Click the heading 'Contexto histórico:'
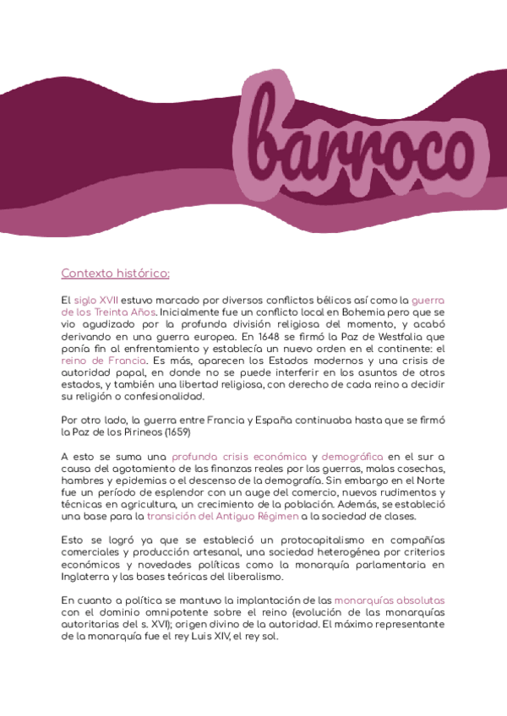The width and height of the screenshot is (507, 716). coord(115,274)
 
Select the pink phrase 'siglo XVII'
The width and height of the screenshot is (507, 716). coord(96,301)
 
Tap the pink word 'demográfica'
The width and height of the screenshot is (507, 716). coord(352,456)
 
